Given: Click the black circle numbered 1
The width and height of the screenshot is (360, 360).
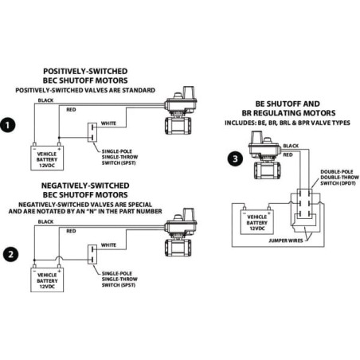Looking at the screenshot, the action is point(7,125).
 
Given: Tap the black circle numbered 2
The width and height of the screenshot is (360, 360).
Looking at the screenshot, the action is point(10,254).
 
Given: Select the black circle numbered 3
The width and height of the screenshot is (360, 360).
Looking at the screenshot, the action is point(235,158).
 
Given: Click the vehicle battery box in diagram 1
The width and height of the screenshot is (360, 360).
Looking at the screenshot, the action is point(47,158).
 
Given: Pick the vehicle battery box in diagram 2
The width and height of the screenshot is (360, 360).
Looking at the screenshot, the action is point(47,280).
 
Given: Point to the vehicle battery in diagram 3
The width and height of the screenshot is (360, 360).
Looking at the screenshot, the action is point(257,222).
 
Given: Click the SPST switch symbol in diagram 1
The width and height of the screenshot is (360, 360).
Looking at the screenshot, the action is point(92,132).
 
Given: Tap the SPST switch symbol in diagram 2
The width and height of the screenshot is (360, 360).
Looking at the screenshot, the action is point(92,254).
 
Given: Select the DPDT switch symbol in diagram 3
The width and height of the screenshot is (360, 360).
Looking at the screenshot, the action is point(304,204).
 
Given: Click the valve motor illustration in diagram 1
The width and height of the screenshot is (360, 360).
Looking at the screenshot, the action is point(181,110).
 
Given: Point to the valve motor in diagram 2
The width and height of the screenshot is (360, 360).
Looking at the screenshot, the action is point(181,232).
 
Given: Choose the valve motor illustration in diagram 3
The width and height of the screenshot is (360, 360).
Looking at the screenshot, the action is point(264,155).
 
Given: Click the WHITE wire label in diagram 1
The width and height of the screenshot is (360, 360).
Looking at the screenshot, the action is point(108,123).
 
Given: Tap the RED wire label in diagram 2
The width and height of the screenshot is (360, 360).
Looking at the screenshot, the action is point(71,231).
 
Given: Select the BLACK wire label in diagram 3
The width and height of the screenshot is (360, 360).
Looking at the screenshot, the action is point(291,146).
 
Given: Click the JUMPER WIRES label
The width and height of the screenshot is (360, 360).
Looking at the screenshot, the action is point(286,241).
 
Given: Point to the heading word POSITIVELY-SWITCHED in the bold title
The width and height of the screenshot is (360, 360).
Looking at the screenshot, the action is point(85,71).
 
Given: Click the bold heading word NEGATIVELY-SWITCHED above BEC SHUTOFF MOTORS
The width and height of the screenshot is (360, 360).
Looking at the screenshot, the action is point(85,186).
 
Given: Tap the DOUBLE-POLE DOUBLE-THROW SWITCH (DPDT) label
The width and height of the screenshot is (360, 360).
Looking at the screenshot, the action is point(339,178).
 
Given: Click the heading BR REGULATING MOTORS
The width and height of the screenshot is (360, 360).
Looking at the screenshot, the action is point(288,113).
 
